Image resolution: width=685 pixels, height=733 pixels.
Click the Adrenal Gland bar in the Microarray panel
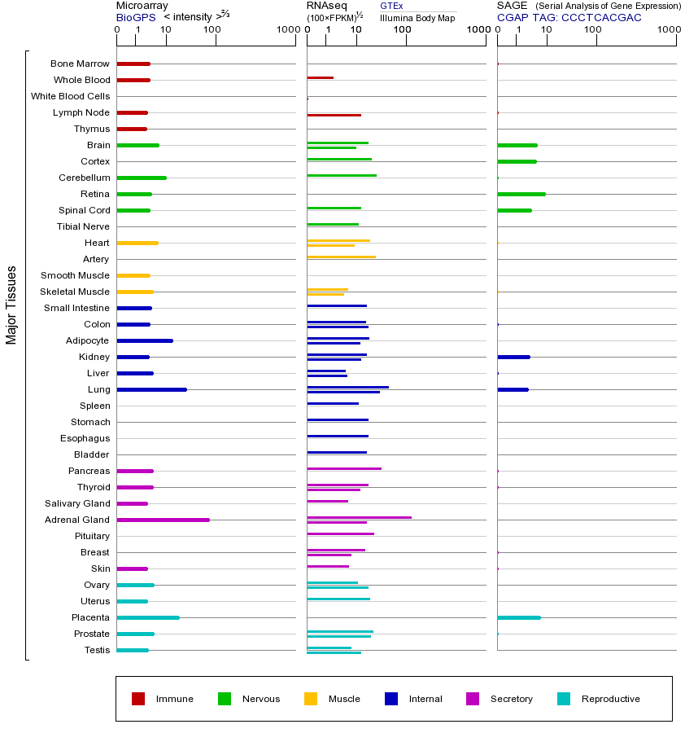(x=163, y=520)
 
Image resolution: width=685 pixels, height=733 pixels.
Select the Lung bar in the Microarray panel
(x=151, y=389)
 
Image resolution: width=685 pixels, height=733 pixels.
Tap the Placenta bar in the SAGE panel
(x=518, y=617)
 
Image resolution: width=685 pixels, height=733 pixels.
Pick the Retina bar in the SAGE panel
(x=521, y=194)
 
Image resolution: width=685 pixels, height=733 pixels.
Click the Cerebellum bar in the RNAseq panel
(x=342, y=175)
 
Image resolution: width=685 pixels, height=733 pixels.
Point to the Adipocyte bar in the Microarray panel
(x=145, y=340)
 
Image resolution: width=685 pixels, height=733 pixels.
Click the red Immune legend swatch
(x=138, y=699)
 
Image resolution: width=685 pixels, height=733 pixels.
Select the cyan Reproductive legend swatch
(x=564, y=699)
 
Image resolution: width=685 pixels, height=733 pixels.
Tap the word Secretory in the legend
(x=512, y=699)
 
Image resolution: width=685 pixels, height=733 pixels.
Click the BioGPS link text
(x=134, y=17)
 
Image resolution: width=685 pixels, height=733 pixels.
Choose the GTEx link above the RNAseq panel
(x=391, y=6)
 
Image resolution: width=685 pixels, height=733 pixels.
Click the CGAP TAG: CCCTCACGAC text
(x=569, y=17)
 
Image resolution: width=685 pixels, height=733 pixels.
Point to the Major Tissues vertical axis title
(x=11, y=305)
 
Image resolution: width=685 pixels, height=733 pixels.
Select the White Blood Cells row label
(x=70, y=96)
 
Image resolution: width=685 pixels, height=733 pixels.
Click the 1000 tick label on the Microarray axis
(x=286, y=30)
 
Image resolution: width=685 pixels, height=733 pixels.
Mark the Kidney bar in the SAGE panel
(x=513, y=357)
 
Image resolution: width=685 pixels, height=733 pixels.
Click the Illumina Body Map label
(x=417, y=17)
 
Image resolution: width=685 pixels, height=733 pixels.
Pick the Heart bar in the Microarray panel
(x=137, y=243)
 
